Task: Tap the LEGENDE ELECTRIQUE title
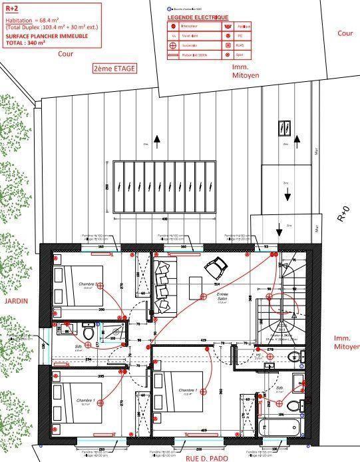pos(198,17)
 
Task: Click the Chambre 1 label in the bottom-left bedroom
pos(86,400)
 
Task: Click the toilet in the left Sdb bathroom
pos(89,331)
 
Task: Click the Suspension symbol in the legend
pos(175,47)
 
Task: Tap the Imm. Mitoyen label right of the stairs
pos(346,342)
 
